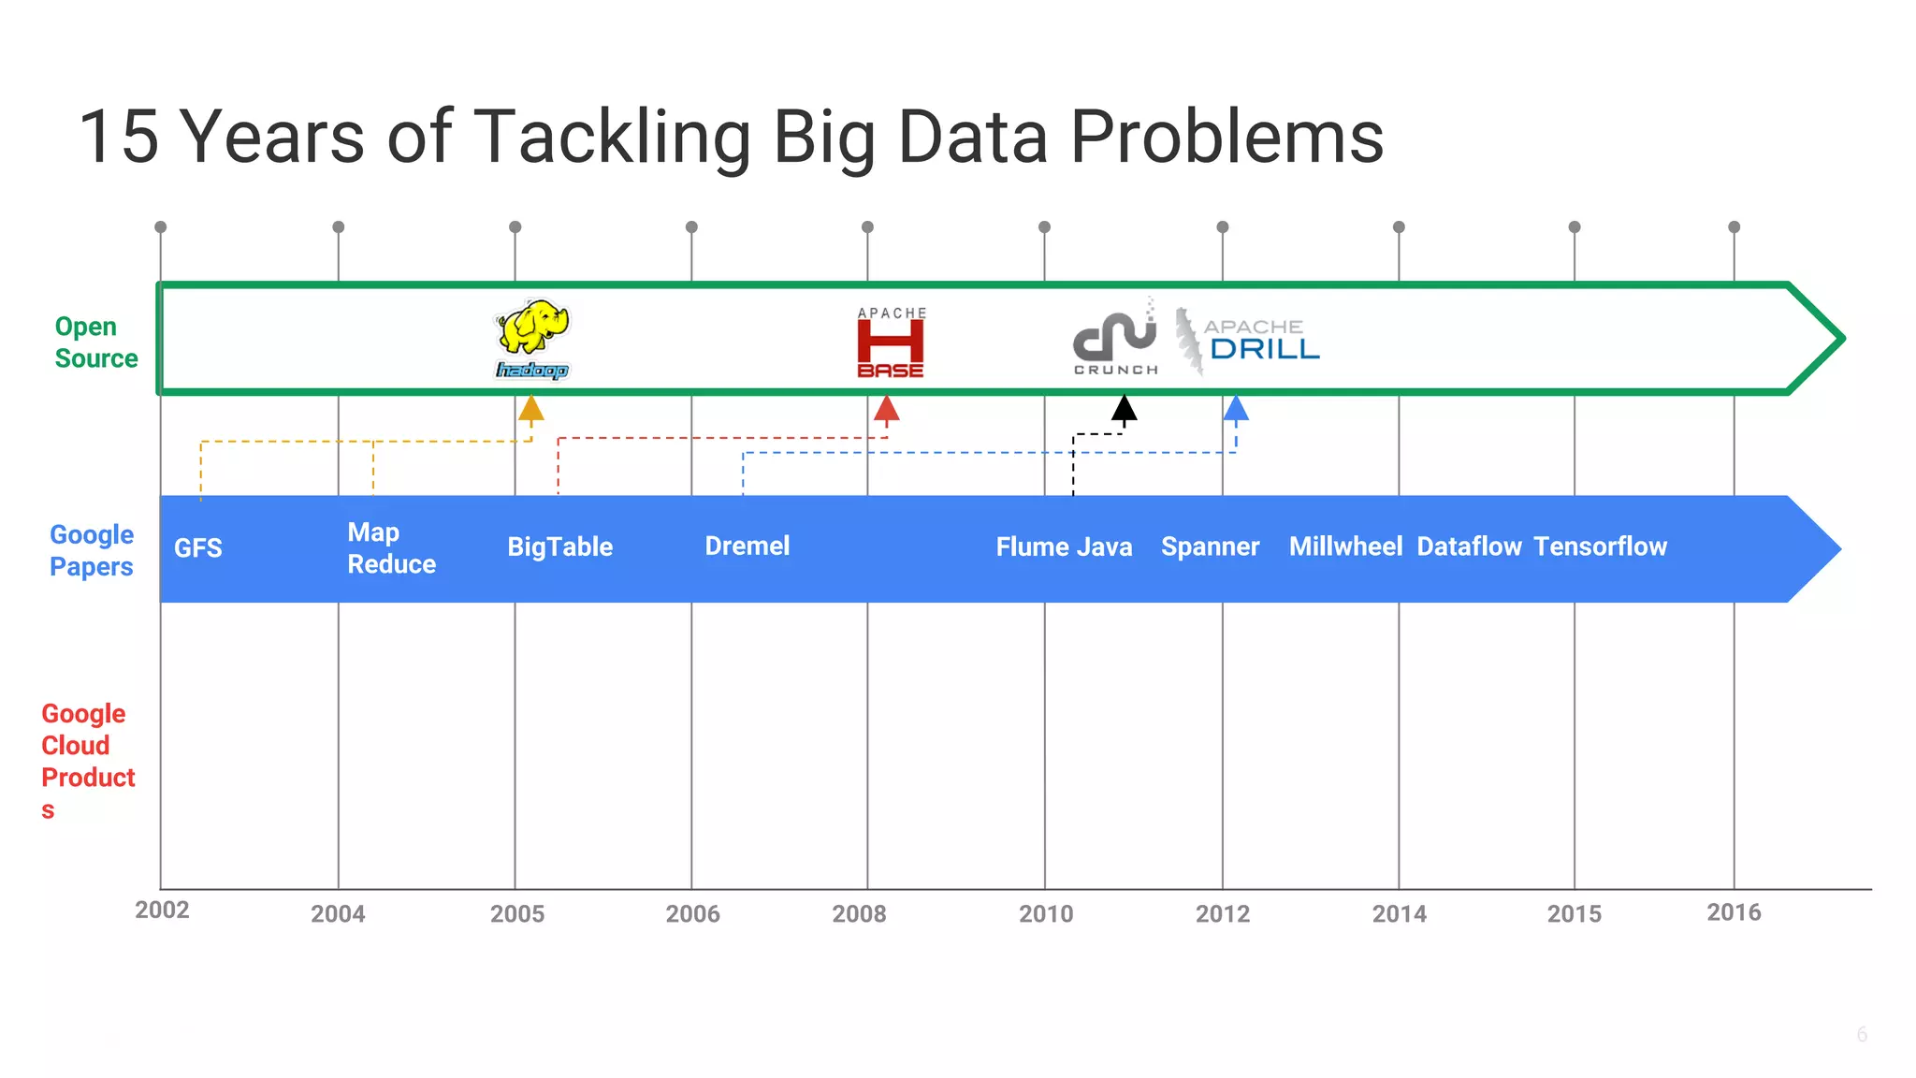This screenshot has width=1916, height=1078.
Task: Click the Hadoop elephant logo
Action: [532, 339]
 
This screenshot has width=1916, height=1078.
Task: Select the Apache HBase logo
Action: [891, 342]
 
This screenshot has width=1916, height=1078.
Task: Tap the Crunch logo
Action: [1114, 339]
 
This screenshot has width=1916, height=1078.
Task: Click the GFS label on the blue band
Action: [198, 547]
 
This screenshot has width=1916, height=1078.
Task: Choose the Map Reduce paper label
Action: [391, 547]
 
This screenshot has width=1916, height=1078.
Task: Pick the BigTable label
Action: [559, 546]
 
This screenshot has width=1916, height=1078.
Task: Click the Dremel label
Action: [747, 546]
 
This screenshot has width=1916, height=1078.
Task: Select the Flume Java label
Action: [1064, 546]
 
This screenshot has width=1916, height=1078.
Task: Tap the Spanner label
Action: [1210, 546]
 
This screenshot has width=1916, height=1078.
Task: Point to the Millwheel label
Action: [1345, 546]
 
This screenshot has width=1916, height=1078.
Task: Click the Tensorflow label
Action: [1600, 546]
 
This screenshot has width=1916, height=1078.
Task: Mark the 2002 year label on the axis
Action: [162, 910]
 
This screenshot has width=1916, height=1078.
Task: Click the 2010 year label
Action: [1046, 913]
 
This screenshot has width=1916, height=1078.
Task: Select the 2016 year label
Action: [1734, 912]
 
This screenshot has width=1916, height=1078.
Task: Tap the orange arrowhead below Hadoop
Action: [531, 409]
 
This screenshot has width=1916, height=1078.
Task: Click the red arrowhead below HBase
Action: [886, 409]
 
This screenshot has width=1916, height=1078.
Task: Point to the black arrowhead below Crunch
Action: [1124, 409]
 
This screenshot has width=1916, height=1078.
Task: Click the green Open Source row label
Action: [95, 342]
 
